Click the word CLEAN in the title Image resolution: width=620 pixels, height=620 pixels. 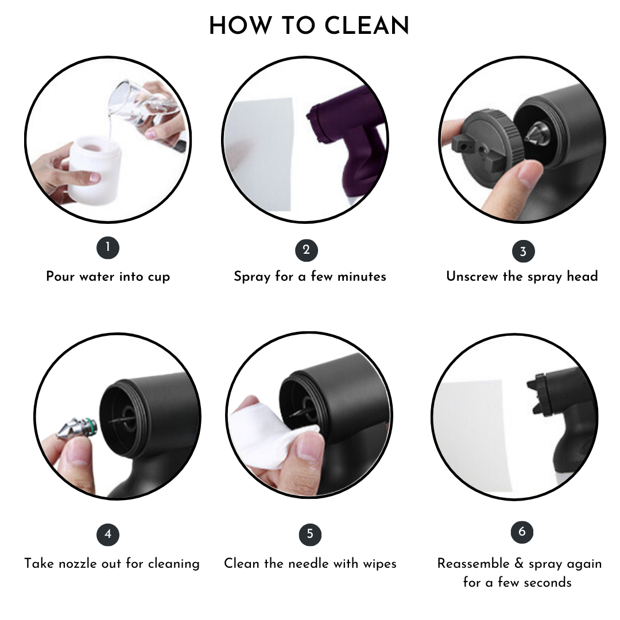click(366, 26)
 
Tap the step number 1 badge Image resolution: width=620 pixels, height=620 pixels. click(108, 248)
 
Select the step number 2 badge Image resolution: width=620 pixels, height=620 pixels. click(307, 250)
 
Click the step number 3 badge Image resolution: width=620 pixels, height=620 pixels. click(523, 251)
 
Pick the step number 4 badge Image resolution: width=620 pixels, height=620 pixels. click(108, 534)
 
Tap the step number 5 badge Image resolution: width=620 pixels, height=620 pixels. click(310, 534)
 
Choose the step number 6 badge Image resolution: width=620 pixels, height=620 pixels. click(522, 532)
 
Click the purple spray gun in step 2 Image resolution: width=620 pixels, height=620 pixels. click(348, 138)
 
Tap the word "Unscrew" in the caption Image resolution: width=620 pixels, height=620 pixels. click(472, 276)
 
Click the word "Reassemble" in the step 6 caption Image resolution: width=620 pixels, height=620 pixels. click(473, 564)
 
